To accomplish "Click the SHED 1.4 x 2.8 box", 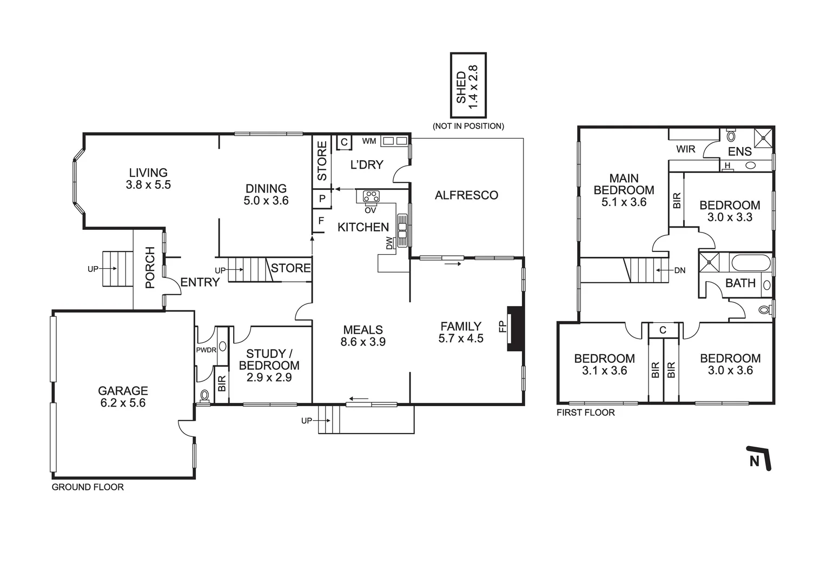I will tap(468, 85).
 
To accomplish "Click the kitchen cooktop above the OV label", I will tap(372, 196).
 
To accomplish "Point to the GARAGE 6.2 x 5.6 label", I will tap(123, 396).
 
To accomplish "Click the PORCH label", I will tap(150, 267).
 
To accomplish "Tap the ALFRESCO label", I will tap(466, 195).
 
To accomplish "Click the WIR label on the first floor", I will tap(685, 149).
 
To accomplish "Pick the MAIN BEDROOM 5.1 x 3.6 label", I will tap(624, 190).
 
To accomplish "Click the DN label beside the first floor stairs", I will tap(680, 270).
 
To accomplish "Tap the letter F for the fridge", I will tap(321, 221).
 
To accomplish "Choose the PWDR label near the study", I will tap(206, 350).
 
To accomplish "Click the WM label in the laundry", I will tap(369, 142).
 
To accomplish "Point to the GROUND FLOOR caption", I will tap(88, 487).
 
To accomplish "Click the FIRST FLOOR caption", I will tap(586, 413).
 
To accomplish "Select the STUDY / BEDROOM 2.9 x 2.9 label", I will tap(269, 366).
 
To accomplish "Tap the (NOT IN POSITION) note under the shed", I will tap(468, 126).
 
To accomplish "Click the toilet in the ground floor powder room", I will tap(204, 395).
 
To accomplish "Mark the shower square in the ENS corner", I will tap(764, 137).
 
